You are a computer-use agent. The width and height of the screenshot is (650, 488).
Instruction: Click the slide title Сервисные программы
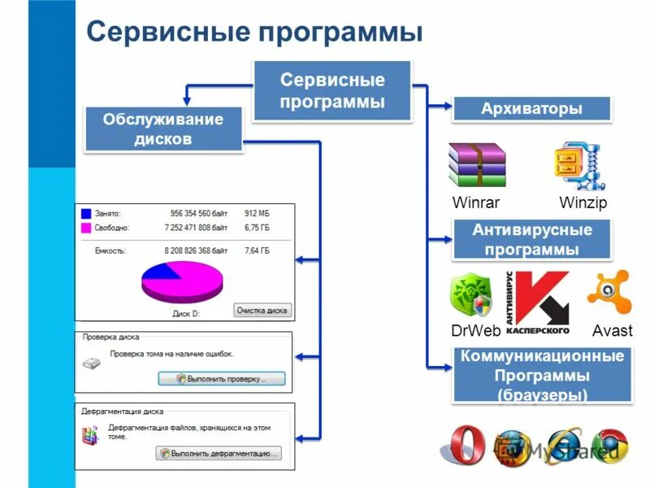tap(254, 32)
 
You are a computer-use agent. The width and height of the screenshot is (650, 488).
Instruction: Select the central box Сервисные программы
tap(332, 91)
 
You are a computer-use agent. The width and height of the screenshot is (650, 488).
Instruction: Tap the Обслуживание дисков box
tap(163, 129)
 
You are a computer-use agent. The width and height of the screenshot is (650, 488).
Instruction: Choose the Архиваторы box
tap(531, 108)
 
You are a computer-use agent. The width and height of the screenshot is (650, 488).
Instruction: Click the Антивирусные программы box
tap(532, 239)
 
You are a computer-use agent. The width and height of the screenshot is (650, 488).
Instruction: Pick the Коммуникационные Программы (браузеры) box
tap(542, 376)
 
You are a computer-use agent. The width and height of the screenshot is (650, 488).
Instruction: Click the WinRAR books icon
tap(477, 165)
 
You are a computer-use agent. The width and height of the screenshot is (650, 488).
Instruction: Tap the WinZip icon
tap(580, 166)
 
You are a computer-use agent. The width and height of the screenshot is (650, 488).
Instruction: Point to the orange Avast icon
tap(609, 293)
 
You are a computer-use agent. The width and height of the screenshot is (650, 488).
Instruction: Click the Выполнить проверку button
tap(221, 378)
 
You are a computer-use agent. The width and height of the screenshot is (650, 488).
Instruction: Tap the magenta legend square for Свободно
tap(86, 229)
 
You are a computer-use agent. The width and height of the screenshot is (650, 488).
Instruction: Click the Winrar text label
tap(475, 203)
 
